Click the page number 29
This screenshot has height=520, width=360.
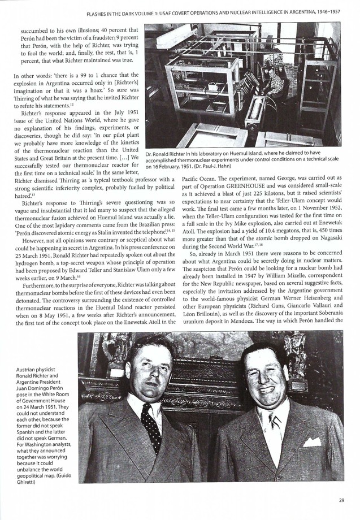341,500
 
